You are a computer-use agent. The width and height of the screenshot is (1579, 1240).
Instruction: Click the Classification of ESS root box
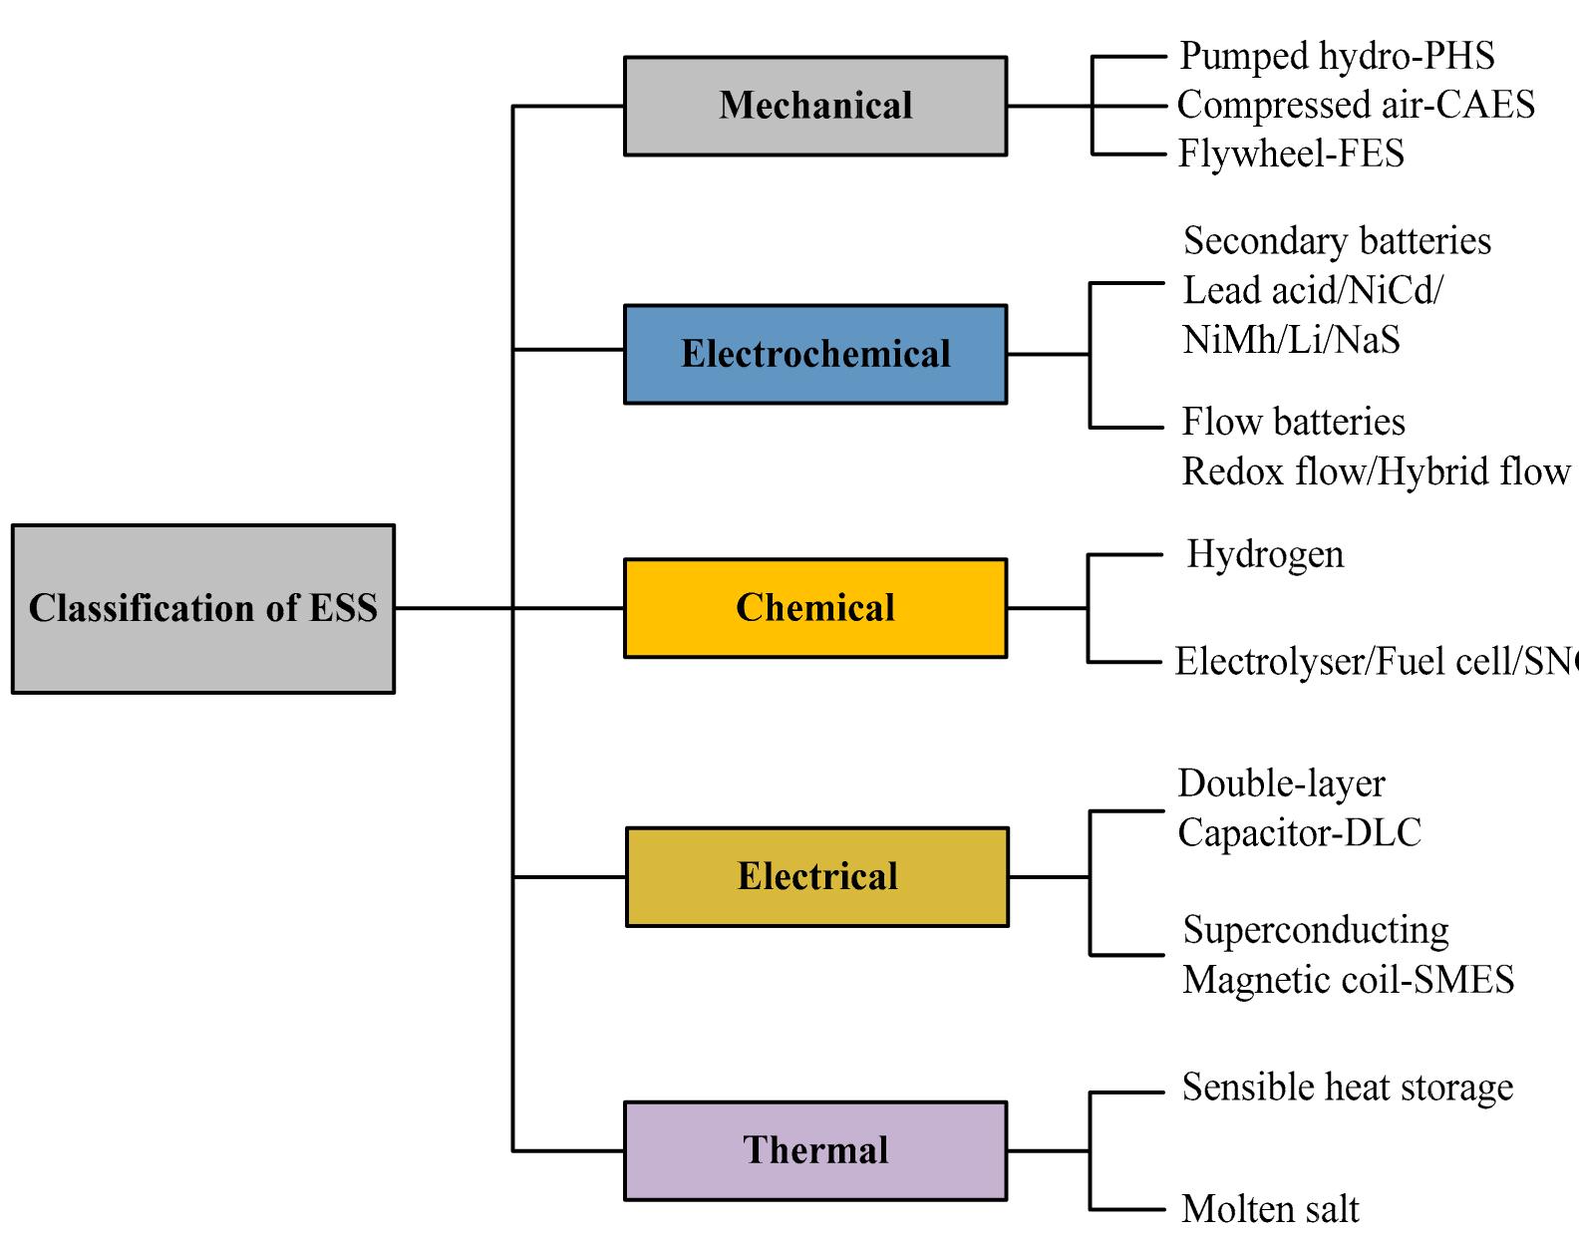203,609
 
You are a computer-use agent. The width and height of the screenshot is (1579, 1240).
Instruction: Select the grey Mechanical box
815,106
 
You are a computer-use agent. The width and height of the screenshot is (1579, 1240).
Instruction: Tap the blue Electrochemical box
815,354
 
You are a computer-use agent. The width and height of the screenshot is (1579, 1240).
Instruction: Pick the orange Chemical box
815,608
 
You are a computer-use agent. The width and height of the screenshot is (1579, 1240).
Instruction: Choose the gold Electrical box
817,877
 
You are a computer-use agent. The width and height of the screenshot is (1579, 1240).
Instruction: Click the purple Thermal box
815,1150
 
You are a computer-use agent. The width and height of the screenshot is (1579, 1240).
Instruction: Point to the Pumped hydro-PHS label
1337,56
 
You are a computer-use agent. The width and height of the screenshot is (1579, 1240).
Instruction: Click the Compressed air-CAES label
1356,105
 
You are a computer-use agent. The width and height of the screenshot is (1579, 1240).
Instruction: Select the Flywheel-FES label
1291,154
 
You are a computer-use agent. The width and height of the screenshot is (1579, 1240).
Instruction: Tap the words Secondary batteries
1337,241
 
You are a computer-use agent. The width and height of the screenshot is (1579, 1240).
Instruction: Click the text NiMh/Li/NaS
1291,340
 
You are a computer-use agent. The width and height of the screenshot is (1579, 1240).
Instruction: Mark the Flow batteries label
1293,422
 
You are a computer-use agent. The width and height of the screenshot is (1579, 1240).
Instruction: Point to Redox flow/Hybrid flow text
1376,471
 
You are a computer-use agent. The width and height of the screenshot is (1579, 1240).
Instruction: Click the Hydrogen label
1265,554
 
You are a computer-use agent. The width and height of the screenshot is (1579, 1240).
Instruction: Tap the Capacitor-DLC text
1299,833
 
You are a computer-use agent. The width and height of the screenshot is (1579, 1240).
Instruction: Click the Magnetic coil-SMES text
1348,980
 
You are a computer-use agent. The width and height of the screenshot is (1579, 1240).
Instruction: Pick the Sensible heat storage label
1347,1087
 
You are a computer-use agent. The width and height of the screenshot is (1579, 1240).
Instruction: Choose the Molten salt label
1270,1209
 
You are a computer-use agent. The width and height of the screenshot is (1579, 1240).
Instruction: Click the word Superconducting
1316,930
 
